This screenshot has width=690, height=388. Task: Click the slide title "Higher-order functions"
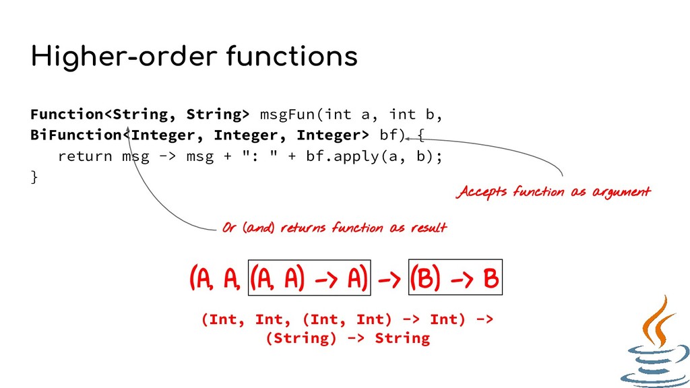pyautogui.click(x=194, y=57)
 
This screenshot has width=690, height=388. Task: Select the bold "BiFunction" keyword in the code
pyautogui.click(x=75, y=135)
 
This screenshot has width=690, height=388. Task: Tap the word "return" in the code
pyautogui.click(x=85, y=156)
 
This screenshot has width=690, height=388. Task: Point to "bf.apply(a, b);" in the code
pyautogui.click(x=374, y=156)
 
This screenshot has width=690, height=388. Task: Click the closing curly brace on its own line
pyautogui.click(x=34, y=177)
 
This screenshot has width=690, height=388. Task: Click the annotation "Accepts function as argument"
pyautogui.click(x=554, y=192)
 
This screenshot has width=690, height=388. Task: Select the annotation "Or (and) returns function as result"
pyautogui.click(x=334, y=228)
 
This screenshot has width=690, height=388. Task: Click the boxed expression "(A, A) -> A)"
pyautogui.click(x=309, y=278)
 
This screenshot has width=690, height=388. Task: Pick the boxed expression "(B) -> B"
pyautogui.click(x=456, y=278)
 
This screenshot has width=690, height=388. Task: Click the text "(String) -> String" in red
pyautogui.click(x=347, y=337)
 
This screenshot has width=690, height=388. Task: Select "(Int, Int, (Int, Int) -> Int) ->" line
pyautogui.click(x=347, y=319)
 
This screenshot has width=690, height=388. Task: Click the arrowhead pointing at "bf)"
pyautogui.click(x=408, y=138)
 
